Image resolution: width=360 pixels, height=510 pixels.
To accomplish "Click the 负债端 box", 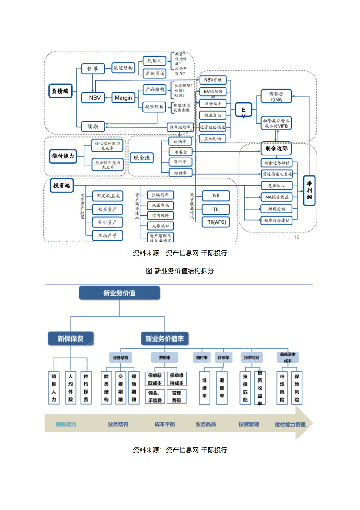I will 61,91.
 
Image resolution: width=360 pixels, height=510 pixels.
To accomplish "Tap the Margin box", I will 123,98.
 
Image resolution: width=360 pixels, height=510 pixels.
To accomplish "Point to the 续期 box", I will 93,126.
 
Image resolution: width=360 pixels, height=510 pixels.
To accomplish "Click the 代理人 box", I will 154,61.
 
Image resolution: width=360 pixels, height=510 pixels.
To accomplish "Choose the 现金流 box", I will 142,158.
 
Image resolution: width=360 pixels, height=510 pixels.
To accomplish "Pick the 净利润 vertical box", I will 309,190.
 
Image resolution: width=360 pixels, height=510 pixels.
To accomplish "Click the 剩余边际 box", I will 276,148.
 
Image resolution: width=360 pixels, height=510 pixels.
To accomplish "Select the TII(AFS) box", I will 216,222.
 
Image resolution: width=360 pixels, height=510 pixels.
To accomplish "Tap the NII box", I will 216,196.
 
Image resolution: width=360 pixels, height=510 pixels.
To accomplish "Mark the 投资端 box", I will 62,185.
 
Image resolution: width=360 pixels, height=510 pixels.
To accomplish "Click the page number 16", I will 297,237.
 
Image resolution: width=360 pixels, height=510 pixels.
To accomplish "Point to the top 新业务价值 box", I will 119,293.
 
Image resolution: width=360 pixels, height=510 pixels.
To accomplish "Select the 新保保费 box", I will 71,338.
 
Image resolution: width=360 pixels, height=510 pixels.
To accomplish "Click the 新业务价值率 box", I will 165,338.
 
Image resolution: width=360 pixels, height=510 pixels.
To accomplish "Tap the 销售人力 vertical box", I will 54,388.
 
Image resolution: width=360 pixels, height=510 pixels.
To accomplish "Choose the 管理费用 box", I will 177,397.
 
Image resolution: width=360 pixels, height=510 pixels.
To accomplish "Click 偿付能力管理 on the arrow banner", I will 290,425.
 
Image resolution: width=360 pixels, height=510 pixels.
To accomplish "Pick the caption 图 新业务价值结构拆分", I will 180,271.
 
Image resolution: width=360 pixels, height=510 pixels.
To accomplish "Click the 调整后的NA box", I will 276,97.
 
